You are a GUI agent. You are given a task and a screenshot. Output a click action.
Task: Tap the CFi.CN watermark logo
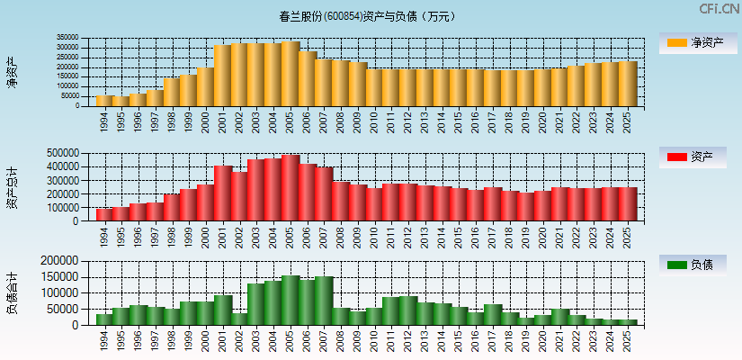tap(719, 9)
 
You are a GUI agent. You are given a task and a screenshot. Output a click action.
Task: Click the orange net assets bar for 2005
tap(291, 74)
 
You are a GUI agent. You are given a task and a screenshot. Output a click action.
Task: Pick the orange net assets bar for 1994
tap(104, 101)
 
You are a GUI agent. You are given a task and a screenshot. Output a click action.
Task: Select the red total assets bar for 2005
tap(291, 188)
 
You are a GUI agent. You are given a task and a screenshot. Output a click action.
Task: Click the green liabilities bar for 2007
tap(324, 301)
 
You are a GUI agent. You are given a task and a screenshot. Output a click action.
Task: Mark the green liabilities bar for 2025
tap(628, 321)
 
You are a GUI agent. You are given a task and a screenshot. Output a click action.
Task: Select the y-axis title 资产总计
tap(12, 187)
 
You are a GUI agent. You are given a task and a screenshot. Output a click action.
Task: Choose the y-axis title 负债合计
tap(12, 292)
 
